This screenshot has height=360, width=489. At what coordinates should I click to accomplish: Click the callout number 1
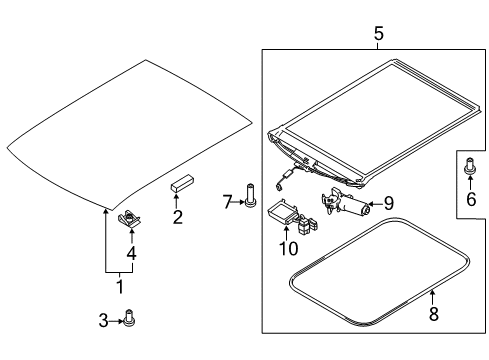click(120, 287)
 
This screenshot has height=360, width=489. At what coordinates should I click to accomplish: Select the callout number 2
click(178, 217)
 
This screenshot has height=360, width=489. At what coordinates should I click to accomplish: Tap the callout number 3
click(104, 321)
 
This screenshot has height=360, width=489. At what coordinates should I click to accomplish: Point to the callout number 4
click(132, 253)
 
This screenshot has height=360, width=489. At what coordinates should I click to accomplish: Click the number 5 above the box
click(379, 34)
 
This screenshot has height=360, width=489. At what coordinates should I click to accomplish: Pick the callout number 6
click(471, 199)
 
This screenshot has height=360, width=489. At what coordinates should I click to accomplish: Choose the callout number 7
click(228, 202)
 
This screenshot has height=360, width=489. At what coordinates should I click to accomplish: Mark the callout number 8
click(433, 314)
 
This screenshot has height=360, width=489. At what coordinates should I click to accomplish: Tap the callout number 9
click(389, 203)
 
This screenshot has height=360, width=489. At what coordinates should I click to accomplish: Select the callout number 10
click(289, 248)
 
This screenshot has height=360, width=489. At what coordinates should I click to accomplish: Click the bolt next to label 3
click(129, 317)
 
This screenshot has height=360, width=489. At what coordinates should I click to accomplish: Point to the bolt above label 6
click(470, 166)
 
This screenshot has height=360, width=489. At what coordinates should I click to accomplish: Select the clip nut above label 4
click(129, 219)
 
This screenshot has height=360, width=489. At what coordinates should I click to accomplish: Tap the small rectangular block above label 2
click(182, 183)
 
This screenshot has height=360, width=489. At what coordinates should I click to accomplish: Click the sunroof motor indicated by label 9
click(345, 203)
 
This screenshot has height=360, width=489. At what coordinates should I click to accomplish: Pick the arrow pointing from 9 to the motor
click(376, 204)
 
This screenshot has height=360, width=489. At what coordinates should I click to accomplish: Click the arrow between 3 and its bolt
click(116, 321)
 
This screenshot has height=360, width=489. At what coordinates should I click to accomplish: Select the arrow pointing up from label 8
click(432, 297)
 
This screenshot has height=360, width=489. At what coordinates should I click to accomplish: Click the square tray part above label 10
click(282, 210)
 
